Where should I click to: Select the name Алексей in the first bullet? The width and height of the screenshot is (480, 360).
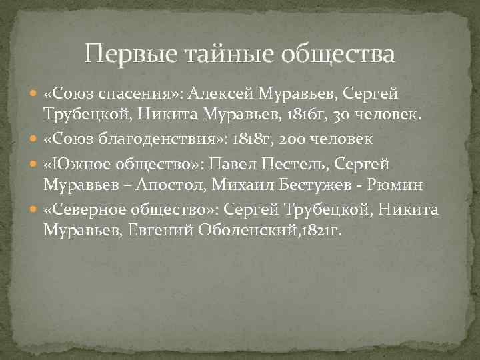220,94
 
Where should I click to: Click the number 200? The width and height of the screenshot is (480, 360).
306,139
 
